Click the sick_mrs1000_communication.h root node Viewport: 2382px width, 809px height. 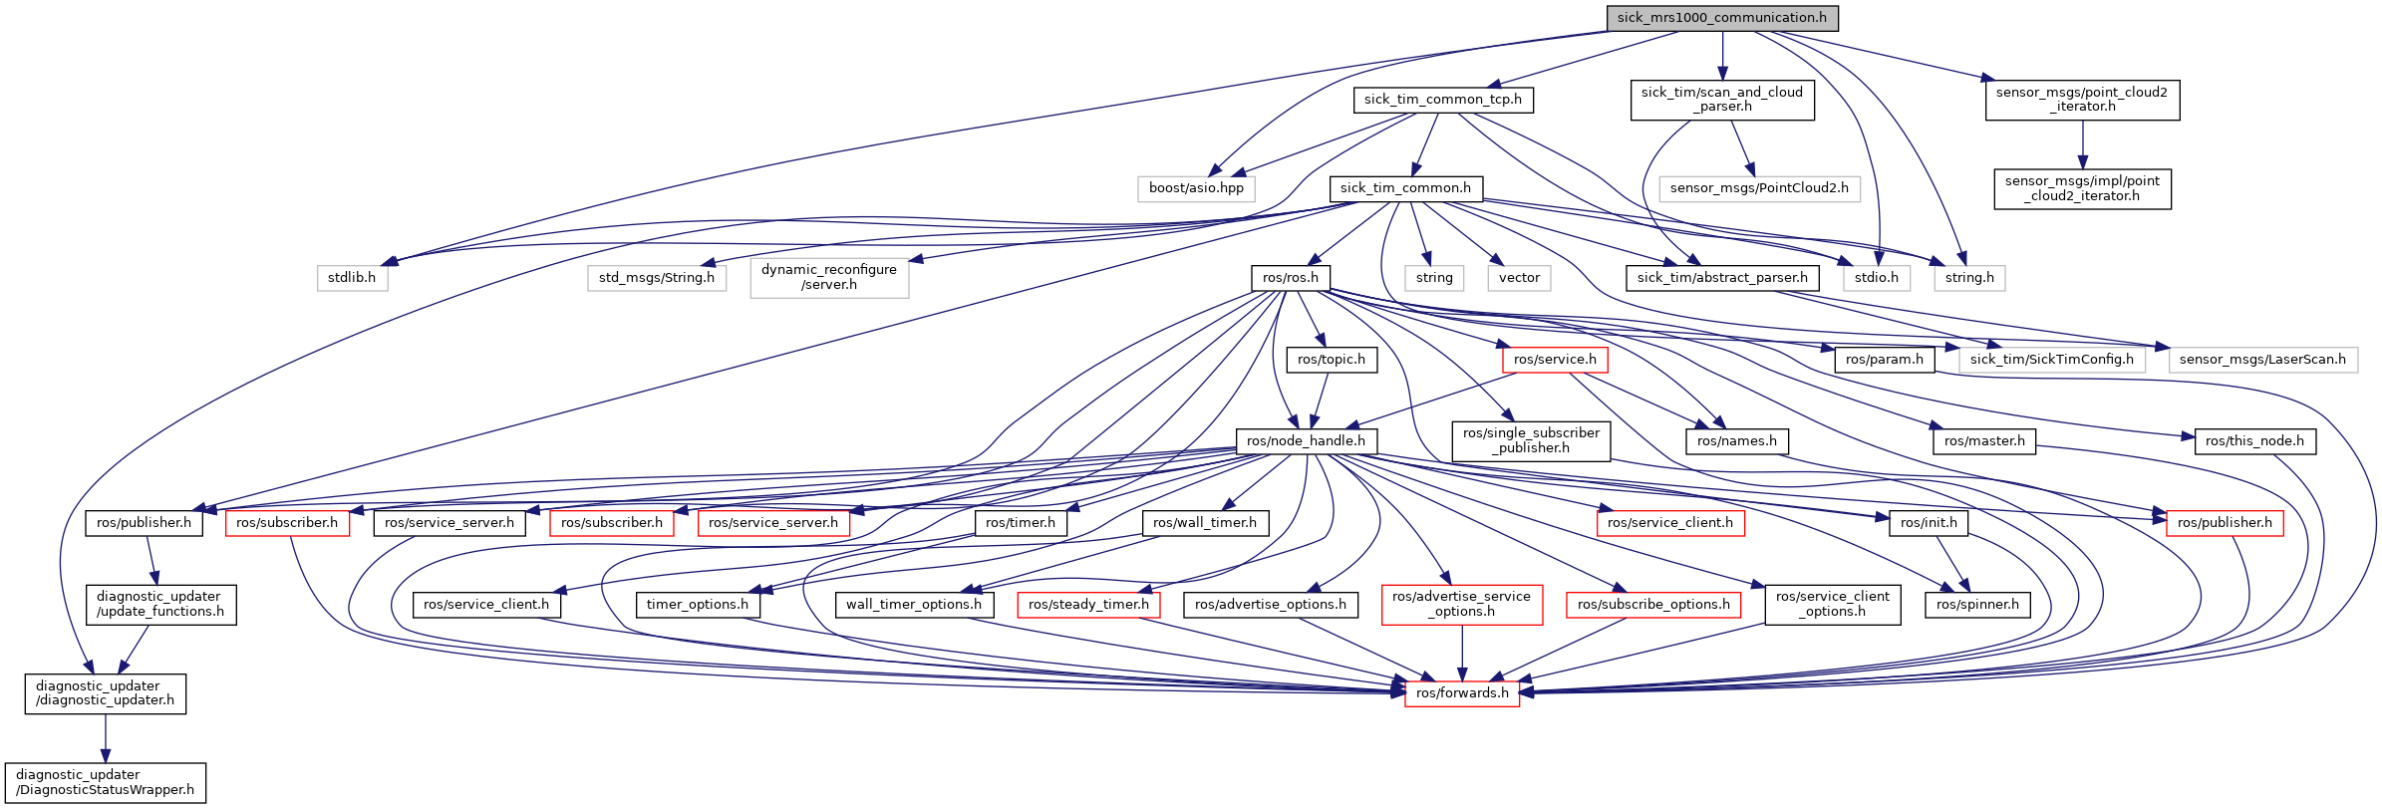pyautogui.click(x=1721, y=18)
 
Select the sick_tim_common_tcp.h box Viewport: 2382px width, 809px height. pyautogui.click(x=1442, y=100)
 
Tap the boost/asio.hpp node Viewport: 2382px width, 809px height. pyautogui.click(x=1196, y=188)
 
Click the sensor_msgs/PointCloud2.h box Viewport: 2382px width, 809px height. pyautogui.click(x=1758, y=188)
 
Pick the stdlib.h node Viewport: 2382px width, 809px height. pyautogui.click(x=351, y=278)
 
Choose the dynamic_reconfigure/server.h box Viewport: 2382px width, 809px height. pyautogui.click(x=828, y=277)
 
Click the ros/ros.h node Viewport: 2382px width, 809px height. pyautogui.click(x=1290, y=278)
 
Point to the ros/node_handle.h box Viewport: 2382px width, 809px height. pyautogui.click(x=1306, y=441)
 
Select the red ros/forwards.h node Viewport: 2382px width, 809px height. pyautogui.click(x=1461, y=693)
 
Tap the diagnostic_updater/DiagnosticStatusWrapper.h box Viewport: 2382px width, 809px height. pyautogui.click(x=105, y=782)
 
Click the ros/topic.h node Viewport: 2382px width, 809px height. pyautogui.click(x=1331, y=360)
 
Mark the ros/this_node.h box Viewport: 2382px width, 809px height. pyautogui.click(x=2254, y=441)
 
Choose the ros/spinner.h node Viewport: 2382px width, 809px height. pyautogui.click(x=1977, y=605)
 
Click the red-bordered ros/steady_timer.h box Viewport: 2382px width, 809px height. pyautogui.click(x=1088, y=605)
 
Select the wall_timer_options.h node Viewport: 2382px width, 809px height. pyautogui.click(x=913, y=605)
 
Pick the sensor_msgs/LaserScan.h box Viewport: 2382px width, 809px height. pyautogui.click(x=2261, y=360)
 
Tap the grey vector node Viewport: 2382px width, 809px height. pyautogui.click(x=1519, y=278)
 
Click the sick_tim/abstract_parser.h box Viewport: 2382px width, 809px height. pyautogui.click(x=1721, y=278)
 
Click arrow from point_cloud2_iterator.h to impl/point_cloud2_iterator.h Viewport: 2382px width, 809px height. pyautogui.click(x=2082, y=144)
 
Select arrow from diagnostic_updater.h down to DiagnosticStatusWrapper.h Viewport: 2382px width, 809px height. pyautogui.click(x=105, y=737)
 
